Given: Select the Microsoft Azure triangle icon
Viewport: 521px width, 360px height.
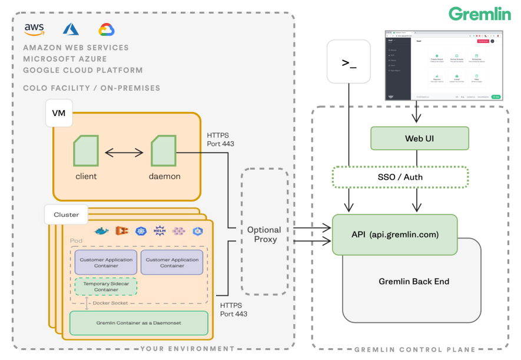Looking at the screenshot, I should (x=71, y=29).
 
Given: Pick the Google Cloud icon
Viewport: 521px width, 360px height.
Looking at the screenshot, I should (x=106, y=29).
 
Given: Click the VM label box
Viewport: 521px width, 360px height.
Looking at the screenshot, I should (x=59, y=113).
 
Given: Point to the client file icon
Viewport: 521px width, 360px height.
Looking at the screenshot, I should (x=86, y=151).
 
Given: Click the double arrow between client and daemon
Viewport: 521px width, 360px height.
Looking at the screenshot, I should (x=124, y=153).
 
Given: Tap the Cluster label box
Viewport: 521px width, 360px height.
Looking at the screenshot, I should (x=66, y=214).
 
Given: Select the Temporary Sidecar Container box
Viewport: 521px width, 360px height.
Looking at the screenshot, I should (x=106, y=286).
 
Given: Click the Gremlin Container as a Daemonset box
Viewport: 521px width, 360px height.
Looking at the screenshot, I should (x=139, y=323).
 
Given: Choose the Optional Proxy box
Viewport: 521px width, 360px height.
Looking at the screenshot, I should (x=264, y=235).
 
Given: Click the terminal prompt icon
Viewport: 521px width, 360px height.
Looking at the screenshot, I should (x=349, y=61).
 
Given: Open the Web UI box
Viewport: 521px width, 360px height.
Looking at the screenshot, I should (x=419, y=138).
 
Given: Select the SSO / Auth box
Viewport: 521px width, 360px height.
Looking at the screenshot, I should (x=400, y=177).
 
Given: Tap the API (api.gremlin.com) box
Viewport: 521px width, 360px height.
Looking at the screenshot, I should (x=394, y=235).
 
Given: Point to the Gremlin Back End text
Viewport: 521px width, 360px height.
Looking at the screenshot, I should (x=414, y=281).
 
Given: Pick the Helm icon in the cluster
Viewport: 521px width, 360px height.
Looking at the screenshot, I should (x=158, y=231).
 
